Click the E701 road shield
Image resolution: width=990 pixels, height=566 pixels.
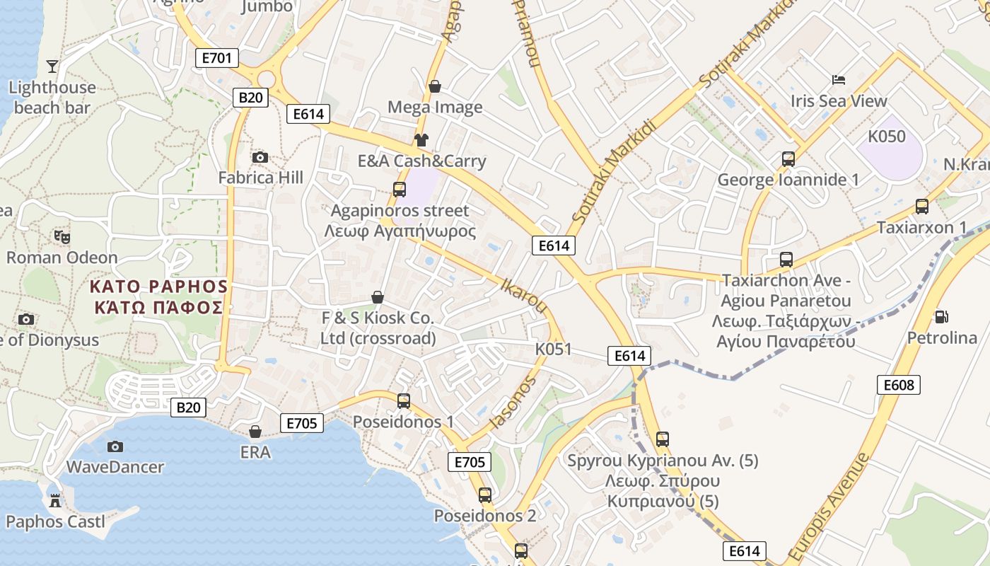[x=216, y=58]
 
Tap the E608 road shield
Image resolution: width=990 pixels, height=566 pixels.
[x=899, y=385]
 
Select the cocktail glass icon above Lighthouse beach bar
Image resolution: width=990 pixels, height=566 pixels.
[x=52, y=67]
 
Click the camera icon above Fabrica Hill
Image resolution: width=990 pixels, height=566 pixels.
[x=260, y=157]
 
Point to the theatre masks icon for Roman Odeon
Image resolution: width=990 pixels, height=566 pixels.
[x=62, y=237]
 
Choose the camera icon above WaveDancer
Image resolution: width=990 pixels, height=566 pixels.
[x=115, y=446]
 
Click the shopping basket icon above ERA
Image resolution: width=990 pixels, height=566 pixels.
[x=255, y=431]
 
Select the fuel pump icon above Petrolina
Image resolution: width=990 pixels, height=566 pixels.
[x=941, y=316]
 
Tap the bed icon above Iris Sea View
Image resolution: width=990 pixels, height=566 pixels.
[x=839, y=80]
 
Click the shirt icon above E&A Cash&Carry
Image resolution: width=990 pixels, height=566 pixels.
[x=421, y=140]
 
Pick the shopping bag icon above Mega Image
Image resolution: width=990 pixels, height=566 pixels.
[x=435, y=86]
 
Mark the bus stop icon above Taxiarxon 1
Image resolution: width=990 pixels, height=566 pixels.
[x=921, y=207]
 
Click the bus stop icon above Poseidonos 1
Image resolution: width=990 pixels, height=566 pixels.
[x=403, y=400]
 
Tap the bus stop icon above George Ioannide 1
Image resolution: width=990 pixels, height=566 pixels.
[x=788, y=159]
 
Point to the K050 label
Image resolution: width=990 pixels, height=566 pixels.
[x=886, y=137]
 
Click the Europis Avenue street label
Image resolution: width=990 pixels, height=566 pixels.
[x=829, y=507]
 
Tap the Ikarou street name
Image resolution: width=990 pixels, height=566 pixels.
[x=524, y=296]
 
